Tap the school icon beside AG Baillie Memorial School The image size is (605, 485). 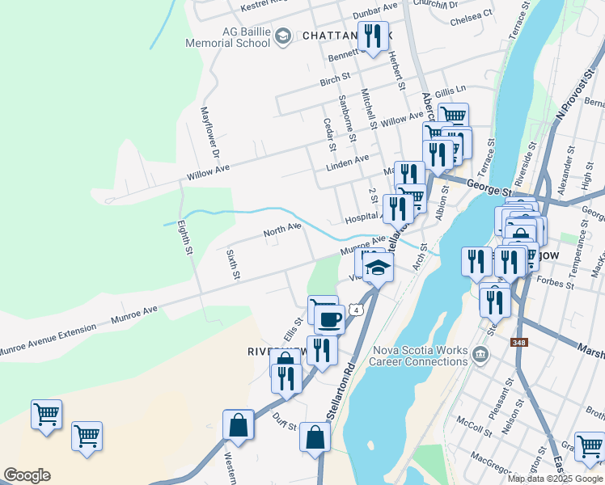[x=282, y=36]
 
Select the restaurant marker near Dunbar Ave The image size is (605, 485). [x=372, y=36]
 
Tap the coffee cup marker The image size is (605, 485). [x=329, y=319]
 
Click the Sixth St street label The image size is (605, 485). [x=233, y=264]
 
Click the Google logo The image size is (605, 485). [x=27, y=475]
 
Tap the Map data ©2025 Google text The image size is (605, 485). [x=555, y=479]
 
